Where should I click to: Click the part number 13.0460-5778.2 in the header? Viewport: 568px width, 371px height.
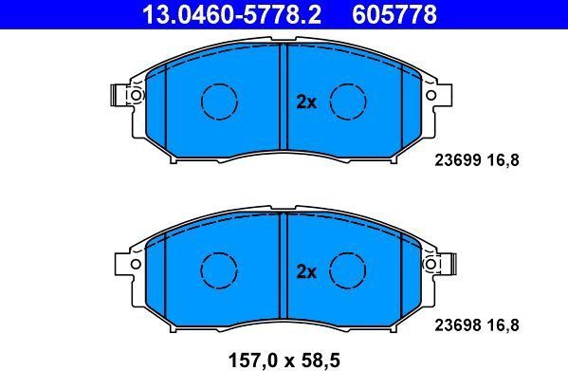coord(231,14)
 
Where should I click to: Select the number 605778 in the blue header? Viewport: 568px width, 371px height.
coord(394,14)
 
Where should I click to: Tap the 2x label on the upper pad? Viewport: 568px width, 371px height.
coord(306,102)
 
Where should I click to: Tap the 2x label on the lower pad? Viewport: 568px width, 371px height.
coord(306,271)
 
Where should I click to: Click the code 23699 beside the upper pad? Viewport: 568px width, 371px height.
coord(457,159)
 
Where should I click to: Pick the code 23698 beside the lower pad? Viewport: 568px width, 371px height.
coord(457,325)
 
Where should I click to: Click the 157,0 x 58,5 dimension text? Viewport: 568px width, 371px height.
coord(284,361)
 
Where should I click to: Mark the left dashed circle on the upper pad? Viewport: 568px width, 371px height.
coord(219,84)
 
